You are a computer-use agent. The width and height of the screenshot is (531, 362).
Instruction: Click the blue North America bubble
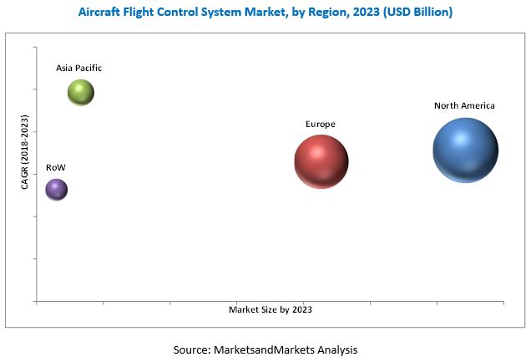coord(465,150)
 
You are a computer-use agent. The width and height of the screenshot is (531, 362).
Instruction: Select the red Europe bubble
coord(321,161)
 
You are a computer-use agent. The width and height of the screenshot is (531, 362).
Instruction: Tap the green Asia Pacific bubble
coord(81,92)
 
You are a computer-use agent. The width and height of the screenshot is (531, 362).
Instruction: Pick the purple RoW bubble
coord(56,190)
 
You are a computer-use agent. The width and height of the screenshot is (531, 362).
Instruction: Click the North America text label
coord(464,106)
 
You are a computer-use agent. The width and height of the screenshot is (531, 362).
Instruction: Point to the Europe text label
coord(320,125)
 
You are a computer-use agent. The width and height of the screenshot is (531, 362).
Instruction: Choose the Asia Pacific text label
coord(79,68)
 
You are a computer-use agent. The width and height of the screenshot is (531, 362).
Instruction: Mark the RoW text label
coord(55,168)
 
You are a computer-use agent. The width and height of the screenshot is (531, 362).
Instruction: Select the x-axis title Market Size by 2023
coord(270,309)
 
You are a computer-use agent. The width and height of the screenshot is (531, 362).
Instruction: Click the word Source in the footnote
coord(192,349)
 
